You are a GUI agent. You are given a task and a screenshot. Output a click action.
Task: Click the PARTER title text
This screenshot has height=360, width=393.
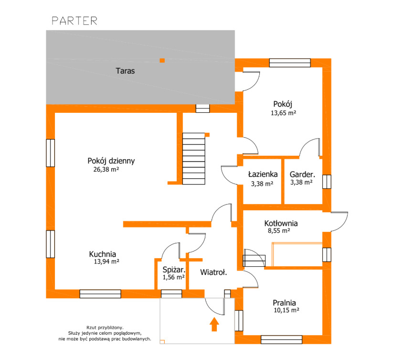point(74,21)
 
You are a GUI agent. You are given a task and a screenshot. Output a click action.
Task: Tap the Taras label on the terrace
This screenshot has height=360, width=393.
point(125,71)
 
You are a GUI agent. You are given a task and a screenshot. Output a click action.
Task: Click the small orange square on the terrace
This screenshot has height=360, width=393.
point(162,60)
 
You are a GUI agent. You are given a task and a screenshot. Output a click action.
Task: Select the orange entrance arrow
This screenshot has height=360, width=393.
point(214,324)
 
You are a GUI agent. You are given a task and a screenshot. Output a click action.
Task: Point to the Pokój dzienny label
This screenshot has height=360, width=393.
point(111,161)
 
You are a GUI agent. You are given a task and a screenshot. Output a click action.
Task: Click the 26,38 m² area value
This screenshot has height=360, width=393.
point(106,169)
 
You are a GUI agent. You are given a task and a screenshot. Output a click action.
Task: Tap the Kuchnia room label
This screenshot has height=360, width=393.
point(103,254)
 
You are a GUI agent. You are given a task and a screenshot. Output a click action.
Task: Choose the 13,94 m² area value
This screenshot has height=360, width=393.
point(106,262)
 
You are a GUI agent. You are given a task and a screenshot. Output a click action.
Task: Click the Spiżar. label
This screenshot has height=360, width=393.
point(174,270)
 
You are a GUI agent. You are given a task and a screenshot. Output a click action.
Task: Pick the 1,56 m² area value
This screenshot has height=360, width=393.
point(174,277)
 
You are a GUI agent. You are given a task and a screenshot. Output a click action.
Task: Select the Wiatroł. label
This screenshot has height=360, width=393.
point(213,272)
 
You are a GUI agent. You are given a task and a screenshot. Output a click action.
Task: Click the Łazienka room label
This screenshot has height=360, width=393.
point(263,174)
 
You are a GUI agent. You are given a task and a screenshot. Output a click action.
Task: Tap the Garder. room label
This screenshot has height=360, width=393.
point(302,175)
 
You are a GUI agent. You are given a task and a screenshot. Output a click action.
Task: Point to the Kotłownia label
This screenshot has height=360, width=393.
point(281,223)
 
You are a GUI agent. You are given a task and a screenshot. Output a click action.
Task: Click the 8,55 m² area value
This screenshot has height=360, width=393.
point(279,230)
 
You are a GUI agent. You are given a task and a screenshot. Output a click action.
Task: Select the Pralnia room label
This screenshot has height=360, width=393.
point(284,303)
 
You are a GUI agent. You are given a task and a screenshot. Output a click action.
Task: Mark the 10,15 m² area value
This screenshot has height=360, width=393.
point(287,310)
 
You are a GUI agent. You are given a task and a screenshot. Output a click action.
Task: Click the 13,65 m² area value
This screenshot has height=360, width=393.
point(284,113)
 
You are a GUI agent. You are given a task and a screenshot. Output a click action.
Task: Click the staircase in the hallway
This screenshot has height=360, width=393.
point(194,159)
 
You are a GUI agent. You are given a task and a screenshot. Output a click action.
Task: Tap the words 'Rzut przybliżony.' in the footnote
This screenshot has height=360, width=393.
point(105,327)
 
